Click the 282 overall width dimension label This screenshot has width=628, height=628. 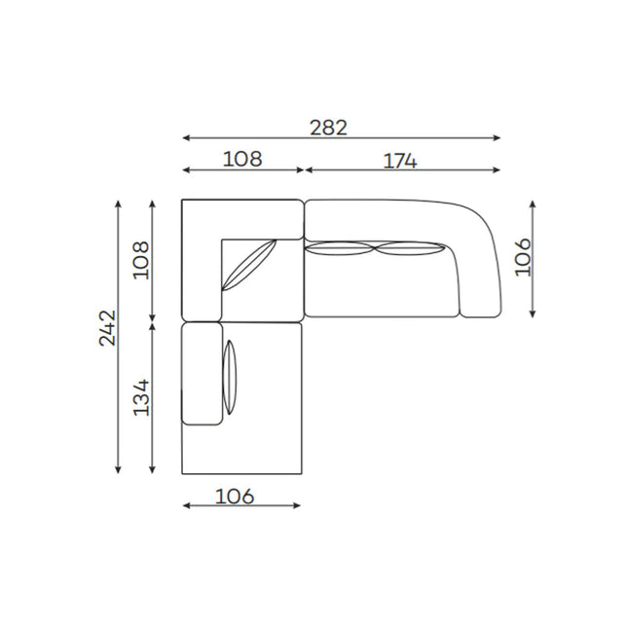pyautogui.click(x=328, y=129)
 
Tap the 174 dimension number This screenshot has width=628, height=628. pyautogui.click(x=400, y=161)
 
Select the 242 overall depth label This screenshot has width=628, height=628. pyautogui.click(x=107, y=327)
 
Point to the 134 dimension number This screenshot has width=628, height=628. pyautogui.click(x=141, y=397)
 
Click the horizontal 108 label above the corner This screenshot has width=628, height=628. pyautogui.click(x=242, y=159)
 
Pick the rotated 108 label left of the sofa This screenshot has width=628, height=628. pyautogui.click(x=141, y=260)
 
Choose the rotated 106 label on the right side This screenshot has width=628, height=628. pyautogui.click(x=523, y=257)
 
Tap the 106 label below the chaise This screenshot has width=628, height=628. pyautogui.click(x=235, y=497)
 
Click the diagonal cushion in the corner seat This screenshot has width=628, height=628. pyautogui.click(x=249, y=265)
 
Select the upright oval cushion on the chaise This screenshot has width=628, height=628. pyautogui.click(x=230, y=377)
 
